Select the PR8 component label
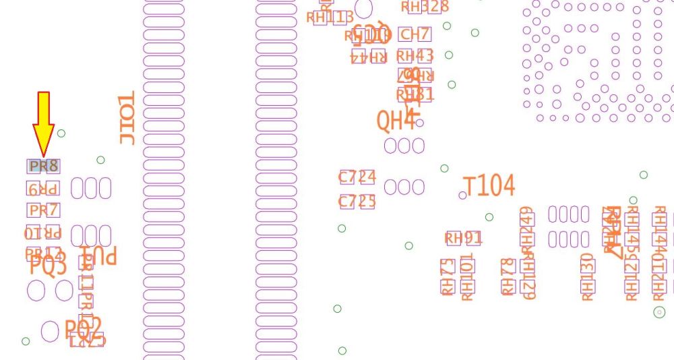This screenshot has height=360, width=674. coord(43,166)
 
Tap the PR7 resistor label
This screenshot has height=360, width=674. coord(43,210)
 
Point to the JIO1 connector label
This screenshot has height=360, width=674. coord(127,118)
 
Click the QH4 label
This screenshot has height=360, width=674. coord(396,121)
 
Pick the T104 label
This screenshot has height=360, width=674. coord(489,186)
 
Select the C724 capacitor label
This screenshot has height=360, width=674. coord(357,178)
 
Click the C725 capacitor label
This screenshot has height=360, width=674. coord(357,202)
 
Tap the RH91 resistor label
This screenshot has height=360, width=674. coord(464,238)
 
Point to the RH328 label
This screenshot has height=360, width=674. coord(425,7)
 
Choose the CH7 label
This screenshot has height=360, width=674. coord(414,34)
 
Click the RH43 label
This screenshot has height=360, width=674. coord(415,55)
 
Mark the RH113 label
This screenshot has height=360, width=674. coord(330,18)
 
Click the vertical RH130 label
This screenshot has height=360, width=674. coord(587,277)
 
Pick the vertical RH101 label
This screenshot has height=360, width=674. coord(467,276)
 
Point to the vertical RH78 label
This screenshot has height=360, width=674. coord(508,276)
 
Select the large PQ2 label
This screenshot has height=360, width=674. coord(84,328)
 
